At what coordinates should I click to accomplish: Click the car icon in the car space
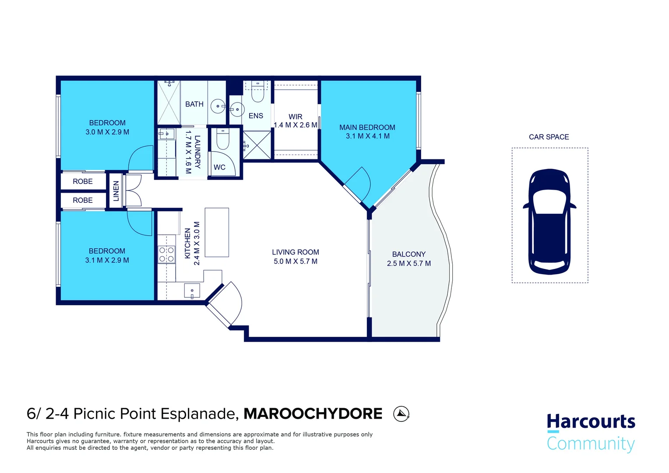tap(549, 222)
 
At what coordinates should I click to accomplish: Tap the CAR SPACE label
tap(549, 137)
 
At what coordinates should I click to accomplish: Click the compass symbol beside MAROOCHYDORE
tap(401, 414)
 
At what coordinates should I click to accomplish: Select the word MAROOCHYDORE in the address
tap(313, 414)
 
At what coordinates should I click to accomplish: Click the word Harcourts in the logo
tap(591, 422)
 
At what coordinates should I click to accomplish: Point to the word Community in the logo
tap(591, 444)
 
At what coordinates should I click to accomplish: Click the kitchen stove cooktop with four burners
tap(166, 254)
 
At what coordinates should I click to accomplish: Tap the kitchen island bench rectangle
tap(217, 232)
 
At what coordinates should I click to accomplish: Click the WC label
tap(219, 167)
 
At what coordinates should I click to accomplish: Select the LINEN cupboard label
tap(116, 191)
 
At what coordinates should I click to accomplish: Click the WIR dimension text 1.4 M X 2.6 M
tap(296, 125)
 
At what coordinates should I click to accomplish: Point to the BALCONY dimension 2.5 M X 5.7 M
tap(409, 263)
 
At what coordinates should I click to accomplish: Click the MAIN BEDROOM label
tap(367, 127)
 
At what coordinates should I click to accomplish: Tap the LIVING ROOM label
tap(296, 252)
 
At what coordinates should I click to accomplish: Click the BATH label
tap(194, 104)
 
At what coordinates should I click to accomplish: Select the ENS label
tap(256, 116)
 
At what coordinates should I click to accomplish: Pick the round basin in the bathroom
tap(218, 106)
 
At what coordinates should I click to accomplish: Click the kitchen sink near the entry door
tap(192, 291)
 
